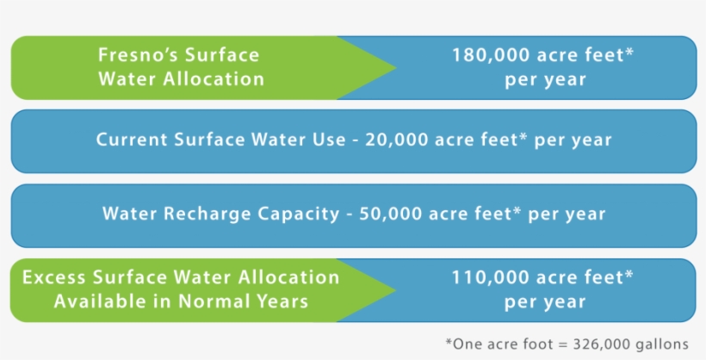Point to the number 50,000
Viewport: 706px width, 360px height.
click(385, 214)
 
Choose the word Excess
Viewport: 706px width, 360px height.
click(53, 277)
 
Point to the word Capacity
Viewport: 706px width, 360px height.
click(302, 214)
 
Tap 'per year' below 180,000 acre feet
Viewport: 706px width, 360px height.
click(545, 79)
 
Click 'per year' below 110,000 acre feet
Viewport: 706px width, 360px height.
click(545, 302)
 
